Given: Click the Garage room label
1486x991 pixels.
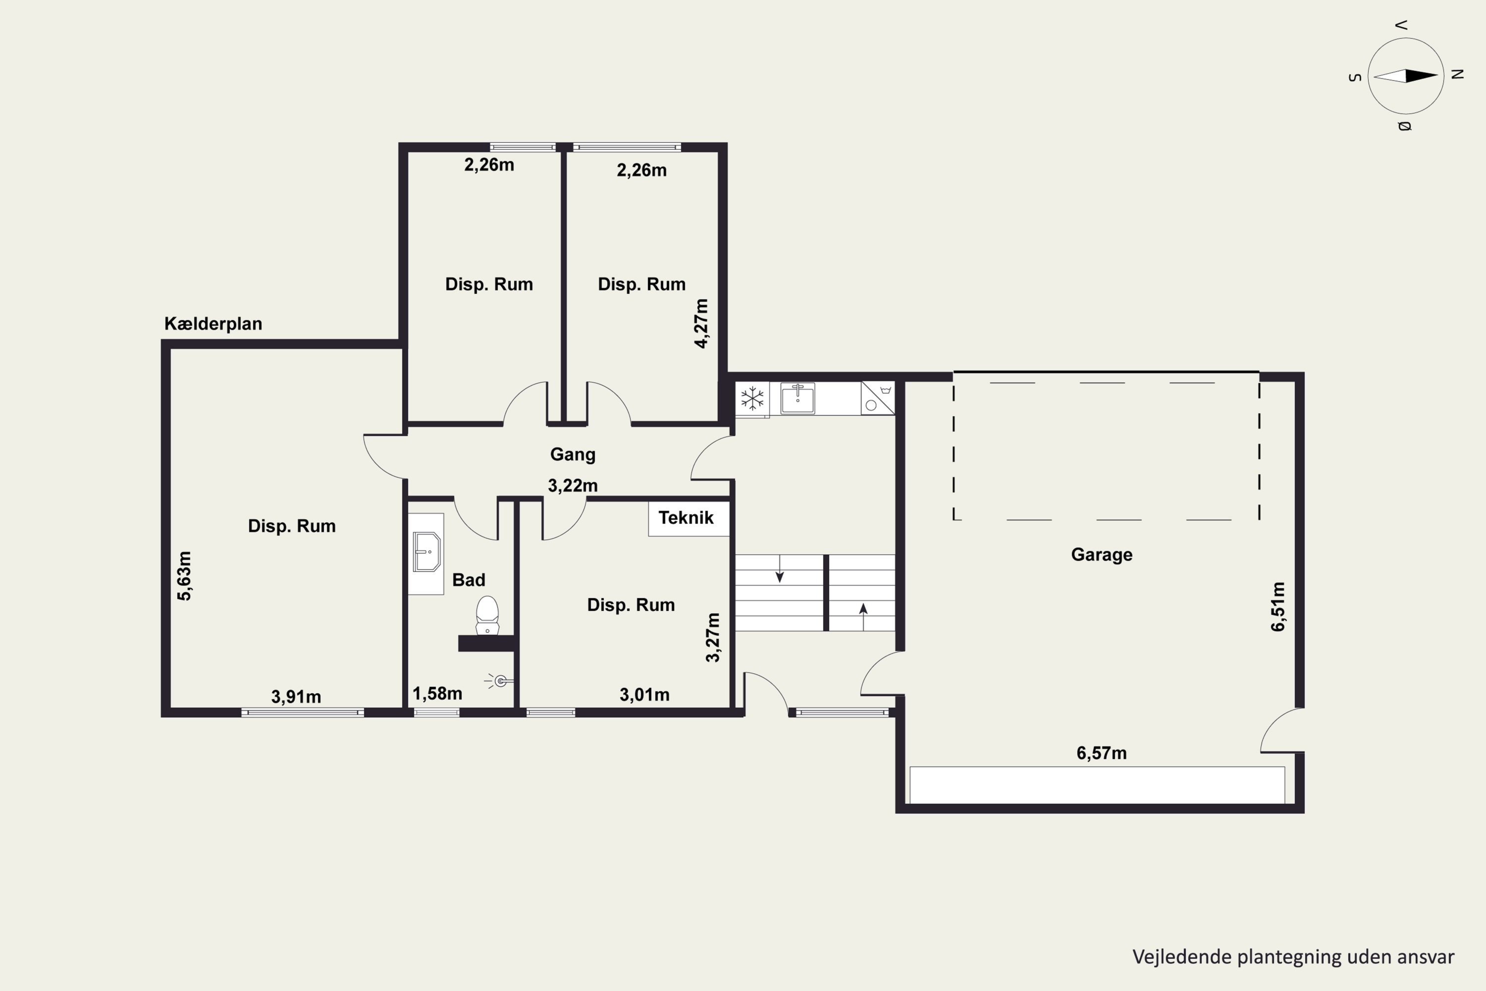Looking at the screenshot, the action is coord(1101,555).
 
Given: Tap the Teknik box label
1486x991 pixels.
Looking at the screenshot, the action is coord(686,518).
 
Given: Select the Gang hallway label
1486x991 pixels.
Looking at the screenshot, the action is coord(573,454).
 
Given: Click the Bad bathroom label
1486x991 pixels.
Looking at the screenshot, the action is coord(469,580).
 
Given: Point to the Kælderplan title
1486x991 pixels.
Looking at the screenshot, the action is coord(213,324).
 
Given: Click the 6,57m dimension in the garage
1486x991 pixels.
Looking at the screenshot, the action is coord(1101,753).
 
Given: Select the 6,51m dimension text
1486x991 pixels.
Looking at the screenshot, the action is coord(1277,606).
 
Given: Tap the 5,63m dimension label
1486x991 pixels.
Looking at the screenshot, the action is coord(184,576).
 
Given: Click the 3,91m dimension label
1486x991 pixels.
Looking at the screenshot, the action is coord(296,697).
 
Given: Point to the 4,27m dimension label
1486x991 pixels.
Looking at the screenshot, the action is coord(701,324).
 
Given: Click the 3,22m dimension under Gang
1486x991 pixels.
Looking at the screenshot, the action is coord(573,486).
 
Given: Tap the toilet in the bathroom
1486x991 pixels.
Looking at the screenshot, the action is coord(487,615).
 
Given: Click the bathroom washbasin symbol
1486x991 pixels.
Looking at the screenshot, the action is coord(426,552).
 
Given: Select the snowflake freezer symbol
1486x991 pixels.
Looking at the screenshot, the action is coord(752,399).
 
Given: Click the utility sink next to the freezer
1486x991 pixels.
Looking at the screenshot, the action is coord(797,398).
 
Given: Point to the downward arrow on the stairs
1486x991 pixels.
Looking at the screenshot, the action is coord(780,568).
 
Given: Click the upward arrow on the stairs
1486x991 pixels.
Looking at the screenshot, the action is coord(863,617).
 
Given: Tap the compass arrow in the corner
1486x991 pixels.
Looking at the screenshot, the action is coord(1406,76).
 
